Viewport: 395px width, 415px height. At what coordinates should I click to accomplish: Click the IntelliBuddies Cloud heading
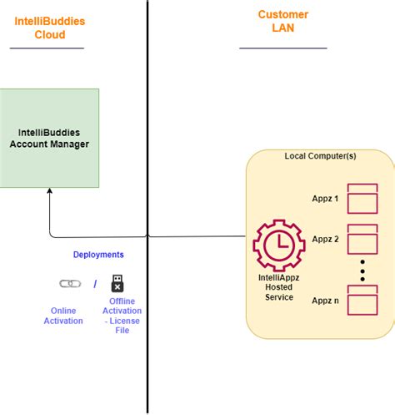[50, 28]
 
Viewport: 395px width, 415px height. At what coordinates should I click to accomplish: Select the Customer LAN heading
[282, 21]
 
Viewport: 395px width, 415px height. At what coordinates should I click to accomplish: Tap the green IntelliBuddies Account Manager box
[49, 138]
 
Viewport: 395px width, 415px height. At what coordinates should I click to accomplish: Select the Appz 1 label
[324, 199]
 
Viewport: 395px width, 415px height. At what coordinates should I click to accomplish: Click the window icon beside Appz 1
[362, 199]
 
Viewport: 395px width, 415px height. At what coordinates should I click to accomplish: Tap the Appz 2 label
[324, 239]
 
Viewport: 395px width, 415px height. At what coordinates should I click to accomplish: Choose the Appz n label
[324, 300]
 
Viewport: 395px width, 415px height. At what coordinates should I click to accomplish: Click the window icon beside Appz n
[362, 300]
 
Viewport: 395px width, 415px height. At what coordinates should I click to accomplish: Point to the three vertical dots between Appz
[362, 271]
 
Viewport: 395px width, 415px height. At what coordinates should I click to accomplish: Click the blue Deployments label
[98, 255]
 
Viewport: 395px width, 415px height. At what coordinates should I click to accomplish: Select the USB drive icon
[117, 283]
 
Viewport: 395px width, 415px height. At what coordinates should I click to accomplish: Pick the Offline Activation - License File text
[122, 316]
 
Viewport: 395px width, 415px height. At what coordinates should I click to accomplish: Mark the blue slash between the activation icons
[94, 284]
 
